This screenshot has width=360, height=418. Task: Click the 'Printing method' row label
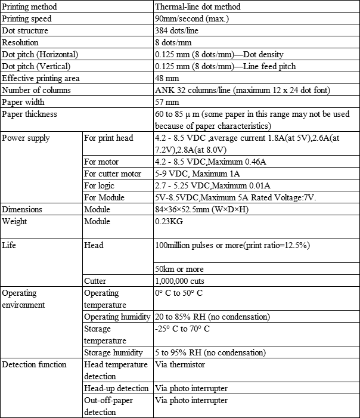coord(29,7)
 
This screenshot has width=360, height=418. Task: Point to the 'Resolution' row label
coord(20,42)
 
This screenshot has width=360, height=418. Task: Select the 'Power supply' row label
coord(26,138)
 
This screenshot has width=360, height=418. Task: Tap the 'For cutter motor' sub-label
coord(113,174)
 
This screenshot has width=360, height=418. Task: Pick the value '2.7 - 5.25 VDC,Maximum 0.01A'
coord(212,185)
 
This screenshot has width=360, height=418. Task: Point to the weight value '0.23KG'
coord(169,221)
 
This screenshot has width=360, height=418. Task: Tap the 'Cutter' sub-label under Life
coord(95,281)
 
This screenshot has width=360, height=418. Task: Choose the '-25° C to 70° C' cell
coord(182,329)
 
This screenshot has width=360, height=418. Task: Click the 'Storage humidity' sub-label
coord(114,352)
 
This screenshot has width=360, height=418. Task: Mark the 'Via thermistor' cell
coord(179,364)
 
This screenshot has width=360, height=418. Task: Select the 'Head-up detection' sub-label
coord(116,388)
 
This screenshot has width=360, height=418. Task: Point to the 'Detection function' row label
coord(34,364)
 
